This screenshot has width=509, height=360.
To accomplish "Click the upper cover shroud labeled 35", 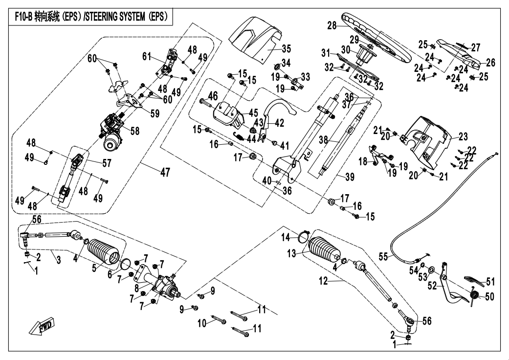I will (257, 39).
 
